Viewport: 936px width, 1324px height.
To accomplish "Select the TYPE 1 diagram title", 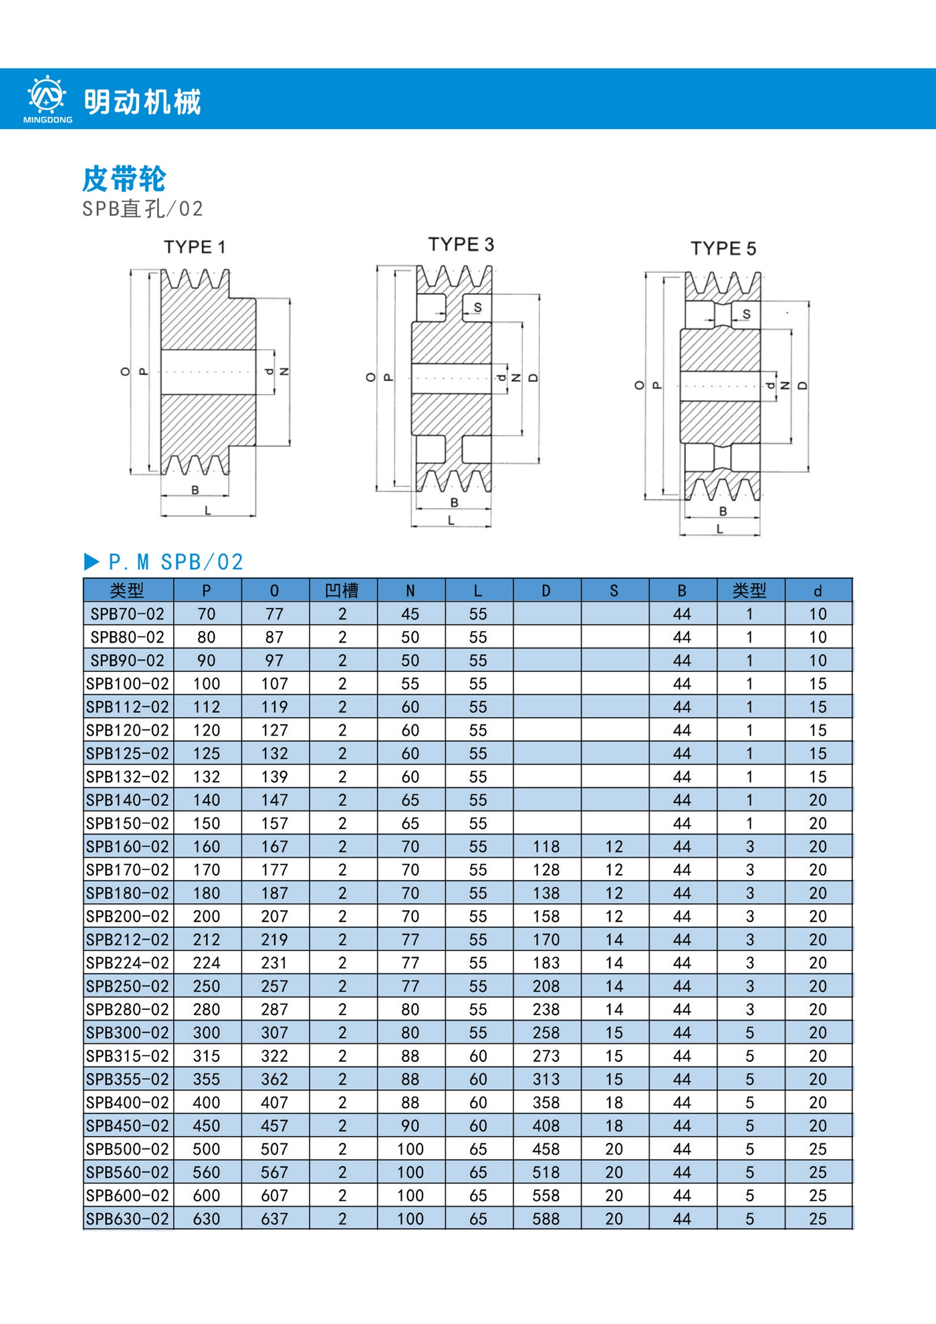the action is (195, 247).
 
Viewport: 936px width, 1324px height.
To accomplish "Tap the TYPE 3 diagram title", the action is (461, 245).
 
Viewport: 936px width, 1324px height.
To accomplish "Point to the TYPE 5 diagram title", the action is (723, 249).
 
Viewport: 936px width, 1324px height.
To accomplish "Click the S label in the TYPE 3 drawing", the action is (477, 308).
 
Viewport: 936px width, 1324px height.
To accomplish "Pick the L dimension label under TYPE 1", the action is (208, 511).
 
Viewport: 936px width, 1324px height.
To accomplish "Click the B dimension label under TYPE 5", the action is (723, 512).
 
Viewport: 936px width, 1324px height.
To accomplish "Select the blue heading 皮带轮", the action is (124, 179).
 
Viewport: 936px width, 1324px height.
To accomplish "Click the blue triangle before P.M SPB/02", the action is (92, 562).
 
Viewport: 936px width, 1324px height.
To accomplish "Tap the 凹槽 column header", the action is (342, 590).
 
